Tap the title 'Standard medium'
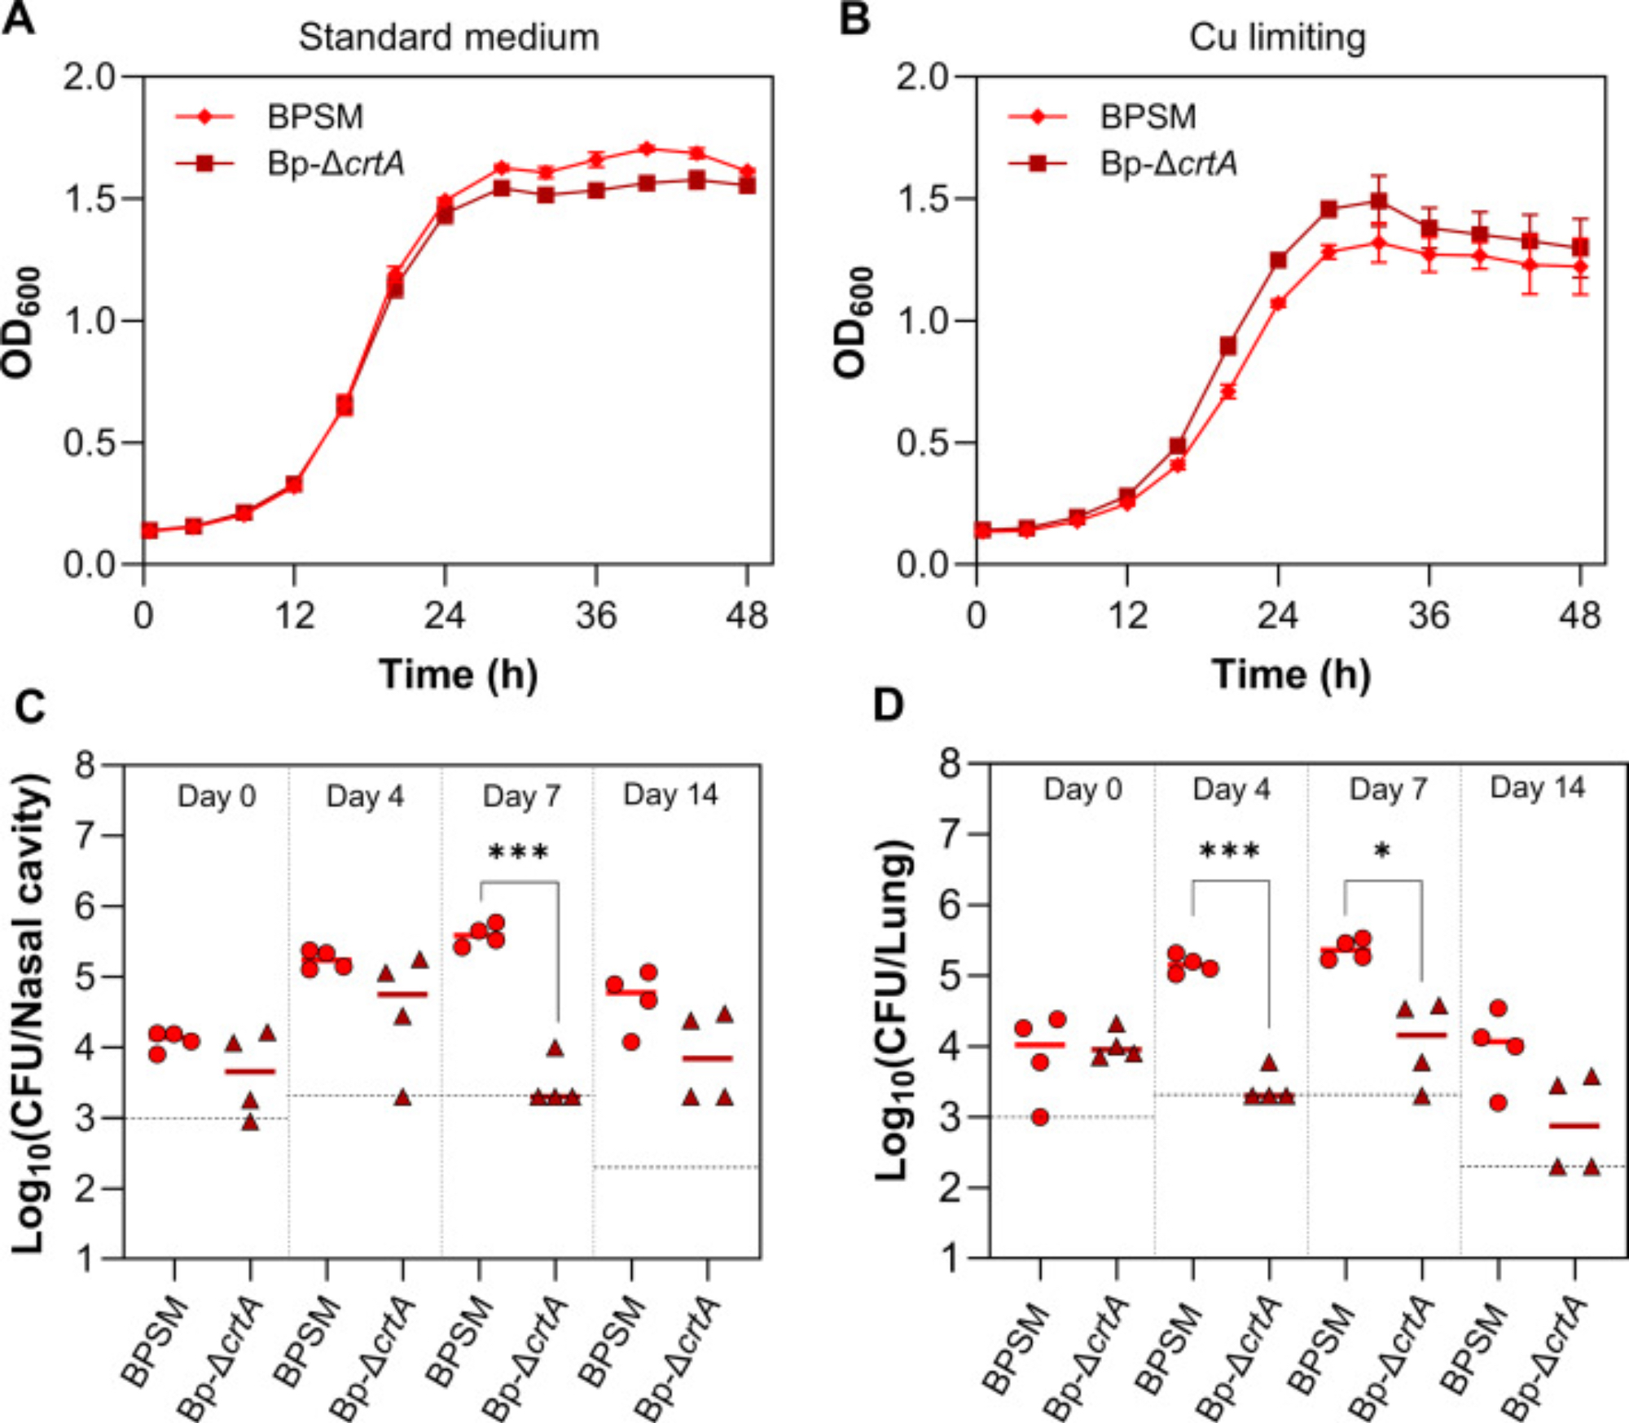[448, 37]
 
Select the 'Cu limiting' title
[1277, 37]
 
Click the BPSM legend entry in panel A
[314, 117]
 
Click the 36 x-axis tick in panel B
[1429, 616]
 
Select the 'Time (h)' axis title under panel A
[458, 674]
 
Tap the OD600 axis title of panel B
[852, 321]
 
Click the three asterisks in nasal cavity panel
[518, 853]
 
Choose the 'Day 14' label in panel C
[670, 794]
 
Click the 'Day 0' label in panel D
[1082, 789]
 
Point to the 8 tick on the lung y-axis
[950, 764]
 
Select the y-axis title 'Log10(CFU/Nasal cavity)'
[29, 1013]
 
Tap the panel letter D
[888, 705]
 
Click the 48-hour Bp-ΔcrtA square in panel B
[1580, 247]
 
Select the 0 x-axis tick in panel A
[143, 616]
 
